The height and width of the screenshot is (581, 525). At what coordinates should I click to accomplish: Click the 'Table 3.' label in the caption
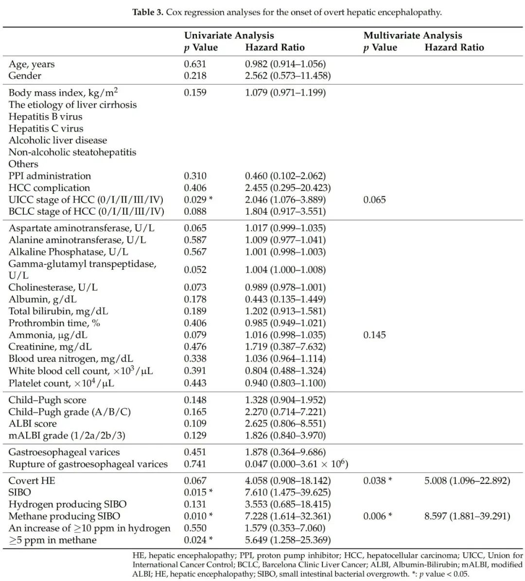pyautogui.click(x=148, y=12)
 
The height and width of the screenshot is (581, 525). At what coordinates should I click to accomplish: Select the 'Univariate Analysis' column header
pyautogui.click(x=228, y=35)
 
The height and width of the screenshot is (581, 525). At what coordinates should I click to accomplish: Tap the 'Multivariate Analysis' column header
pyautogui.click(x=412, y=35)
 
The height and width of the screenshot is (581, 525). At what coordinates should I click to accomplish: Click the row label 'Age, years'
pyautogui.click(x=32, y=64)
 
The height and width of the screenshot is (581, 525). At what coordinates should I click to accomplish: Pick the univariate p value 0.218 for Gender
pyautogui.click(x=195, y=76)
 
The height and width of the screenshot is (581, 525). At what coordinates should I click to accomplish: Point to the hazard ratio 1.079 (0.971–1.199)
pyautogui.click(x=285, y=92)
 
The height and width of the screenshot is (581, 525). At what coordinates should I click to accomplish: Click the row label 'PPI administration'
pyautogui.click(x=50, y=176)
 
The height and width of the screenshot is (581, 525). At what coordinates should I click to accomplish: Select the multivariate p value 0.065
pyautogui.click(x=374, y=200)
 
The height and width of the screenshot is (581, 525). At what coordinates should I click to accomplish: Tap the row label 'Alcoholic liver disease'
pyautogui.click(x=57, y=140)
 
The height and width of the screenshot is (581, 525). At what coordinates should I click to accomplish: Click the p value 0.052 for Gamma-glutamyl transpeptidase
pyautogui.click(x=195, y=270)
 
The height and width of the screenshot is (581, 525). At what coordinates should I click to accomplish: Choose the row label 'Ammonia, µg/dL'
pyautogui.click(x=48, y=335)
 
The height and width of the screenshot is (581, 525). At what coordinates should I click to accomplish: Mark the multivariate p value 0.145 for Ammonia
pyautogui.click(x=374, y=335)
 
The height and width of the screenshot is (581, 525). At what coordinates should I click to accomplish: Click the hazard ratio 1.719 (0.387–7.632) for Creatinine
pyautogui.click(x=285, y=347)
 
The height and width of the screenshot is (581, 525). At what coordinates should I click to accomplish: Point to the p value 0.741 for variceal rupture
pyautogui.click(x=195, y=464)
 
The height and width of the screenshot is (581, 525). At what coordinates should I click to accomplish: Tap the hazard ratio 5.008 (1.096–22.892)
pyautogui.click(x=467, y=481)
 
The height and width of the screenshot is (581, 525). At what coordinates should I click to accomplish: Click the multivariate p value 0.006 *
pyautogui.click(x=378, y=516)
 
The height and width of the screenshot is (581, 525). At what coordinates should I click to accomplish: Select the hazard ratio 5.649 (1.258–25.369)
pyautogui.click(x=288, y=540)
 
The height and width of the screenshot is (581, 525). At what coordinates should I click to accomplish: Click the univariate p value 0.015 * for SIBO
pyautogui.click(x=198, y=493)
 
